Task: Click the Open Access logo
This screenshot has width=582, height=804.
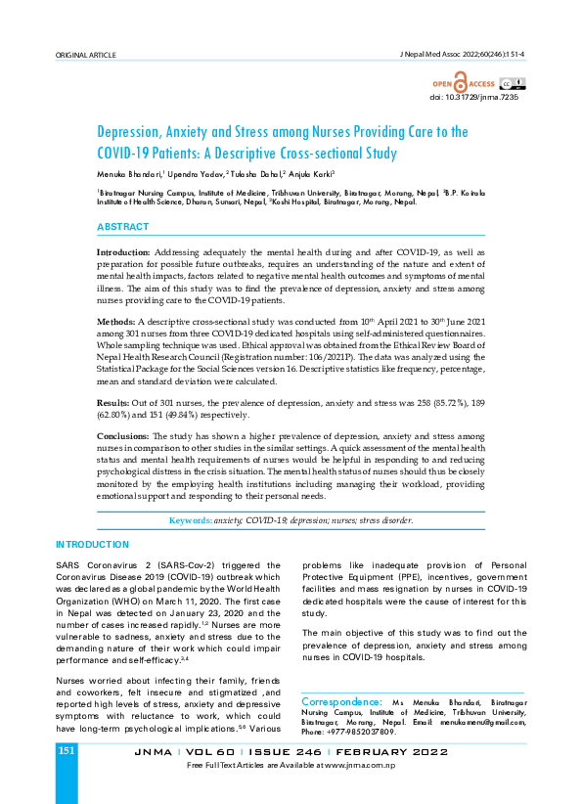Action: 470,84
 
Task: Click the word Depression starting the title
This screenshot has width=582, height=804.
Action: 132,132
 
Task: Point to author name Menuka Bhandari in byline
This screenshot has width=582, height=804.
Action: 129,173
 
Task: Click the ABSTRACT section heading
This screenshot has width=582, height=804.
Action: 122,227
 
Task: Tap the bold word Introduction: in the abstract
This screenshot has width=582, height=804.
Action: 123,252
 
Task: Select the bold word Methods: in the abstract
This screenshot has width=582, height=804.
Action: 116,321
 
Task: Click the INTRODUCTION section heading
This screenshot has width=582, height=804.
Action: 92,544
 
